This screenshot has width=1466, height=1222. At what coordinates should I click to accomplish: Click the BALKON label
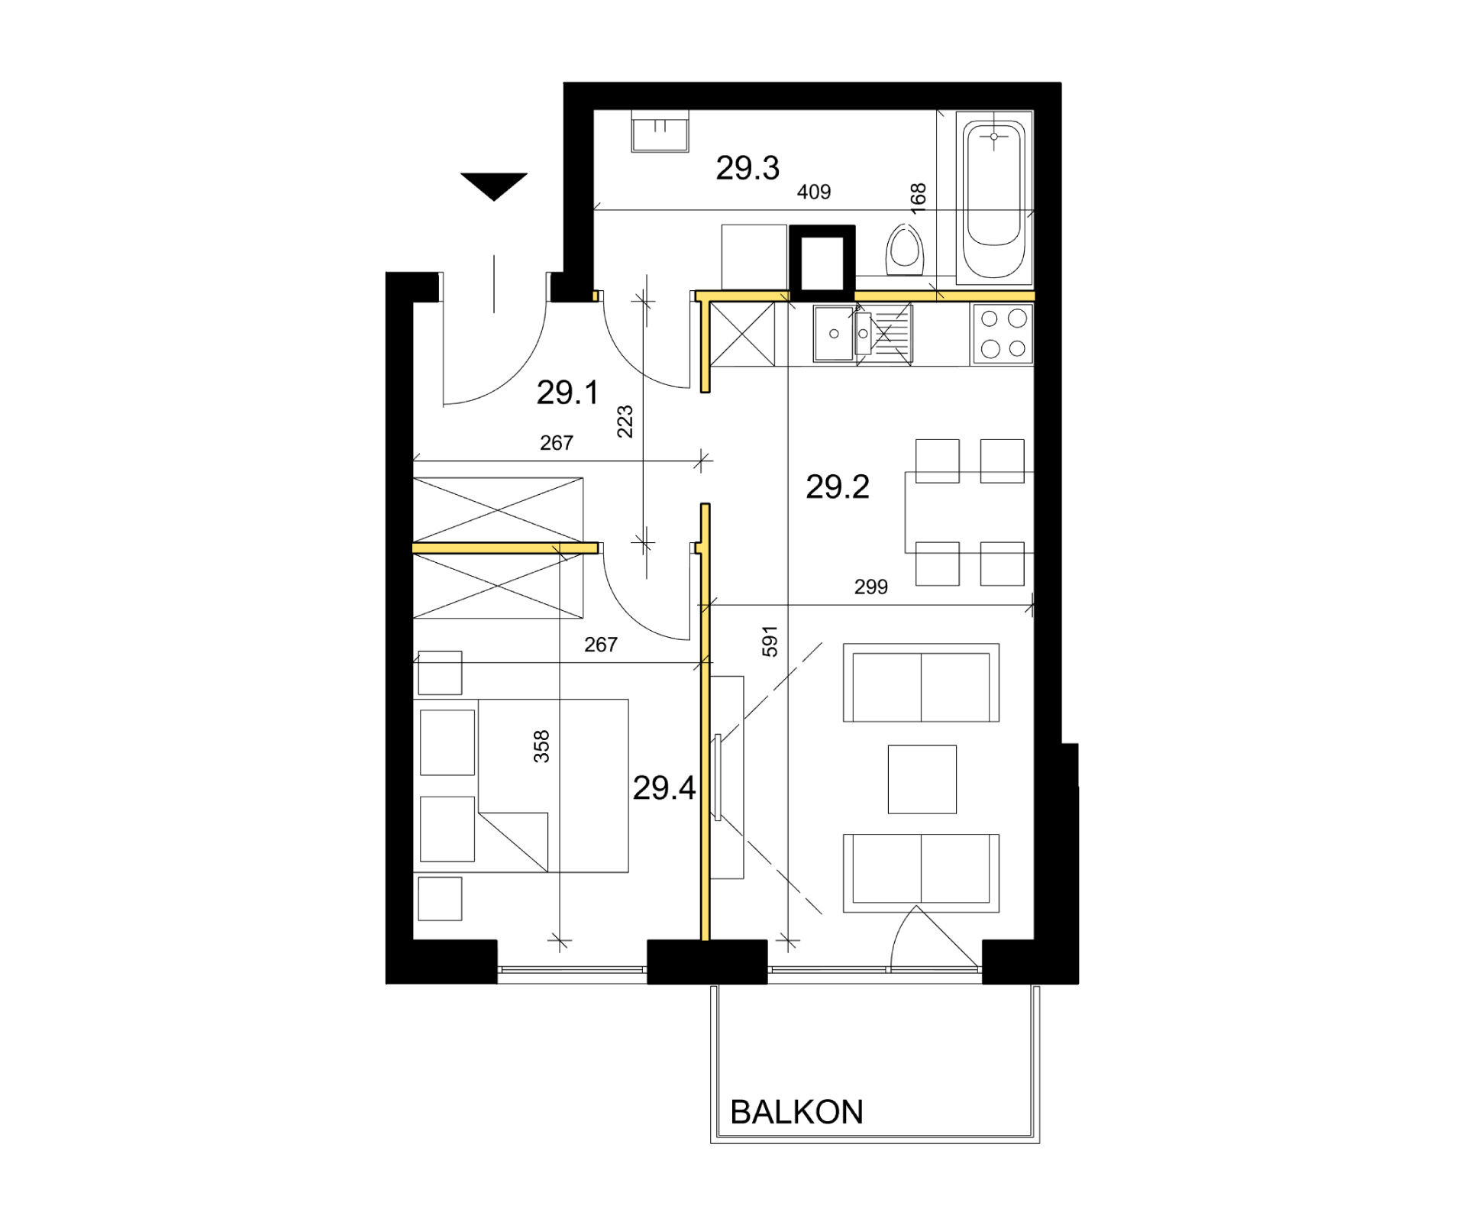(x=796, y=1112)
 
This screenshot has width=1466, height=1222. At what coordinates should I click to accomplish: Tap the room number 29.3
(x=748, y=168)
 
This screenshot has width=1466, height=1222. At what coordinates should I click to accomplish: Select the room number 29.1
(x=567, y=393)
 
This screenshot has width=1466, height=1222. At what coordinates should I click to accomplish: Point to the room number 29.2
(x=838, y=487)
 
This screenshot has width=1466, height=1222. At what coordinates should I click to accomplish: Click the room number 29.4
(x=664, y=787)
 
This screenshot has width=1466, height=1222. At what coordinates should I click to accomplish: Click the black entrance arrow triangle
(x=494, y=186)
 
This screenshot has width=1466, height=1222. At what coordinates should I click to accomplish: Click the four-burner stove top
(x=1003, y=334)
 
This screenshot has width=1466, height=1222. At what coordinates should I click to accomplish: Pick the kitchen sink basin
(x=834, y=333)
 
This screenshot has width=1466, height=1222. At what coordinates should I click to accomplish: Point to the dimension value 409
(x=814, y=192)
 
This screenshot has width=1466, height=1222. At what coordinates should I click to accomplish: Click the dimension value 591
(x=770, y=642)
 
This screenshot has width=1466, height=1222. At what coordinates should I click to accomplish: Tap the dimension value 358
(x=541, y=746)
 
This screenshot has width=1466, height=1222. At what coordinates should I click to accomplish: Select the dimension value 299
(x=871, y=587)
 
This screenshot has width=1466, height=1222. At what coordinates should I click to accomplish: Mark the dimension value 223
(x=625, y=422)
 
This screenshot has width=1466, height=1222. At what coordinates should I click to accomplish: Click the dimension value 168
(x=919, y=197)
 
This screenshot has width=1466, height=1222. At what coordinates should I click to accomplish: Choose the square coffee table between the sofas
(x=922, y=779)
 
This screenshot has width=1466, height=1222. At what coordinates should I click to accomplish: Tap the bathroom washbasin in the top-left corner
(x=660, y=131)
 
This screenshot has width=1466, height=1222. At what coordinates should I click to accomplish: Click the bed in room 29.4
(x=553, y=785)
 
